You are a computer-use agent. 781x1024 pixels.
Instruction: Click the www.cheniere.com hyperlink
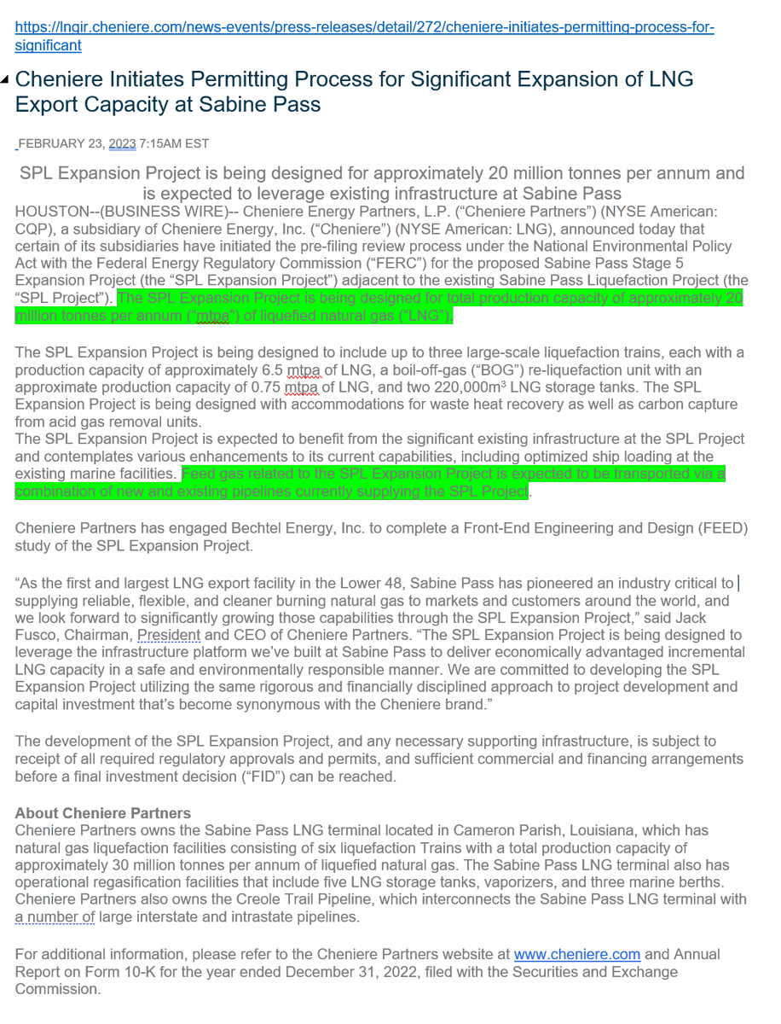(576, 954)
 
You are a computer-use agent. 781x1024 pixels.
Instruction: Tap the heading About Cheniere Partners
(103, 812)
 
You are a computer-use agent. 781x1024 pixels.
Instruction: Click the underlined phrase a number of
(55, 917)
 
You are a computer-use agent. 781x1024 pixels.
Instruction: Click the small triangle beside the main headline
(6, 79)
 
